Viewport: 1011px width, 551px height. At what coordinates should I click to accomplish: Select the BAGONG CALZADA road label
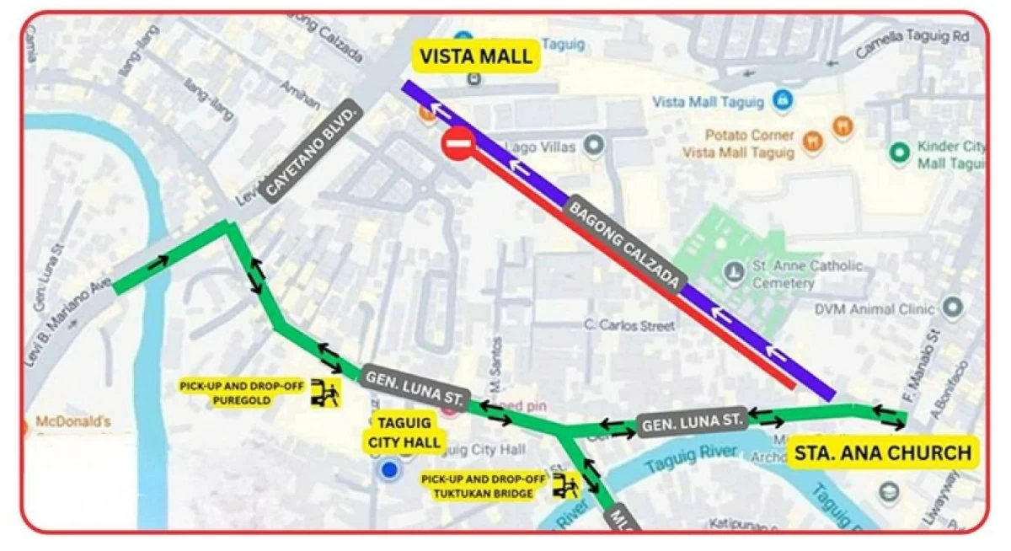pyautogui.click(x=623, y=245)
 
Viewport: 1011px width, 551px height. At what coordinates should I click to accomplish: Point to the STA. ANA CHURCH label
pyautogui.click(x=882, y=453)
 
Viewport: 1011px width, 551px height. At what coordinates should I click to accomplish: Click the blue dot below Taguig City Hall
pyautogui.click(x=388, y=470)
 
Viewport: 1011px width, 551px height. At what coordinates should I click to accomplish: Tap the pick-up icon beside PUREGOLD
pyautogui.click(x=325, y=393)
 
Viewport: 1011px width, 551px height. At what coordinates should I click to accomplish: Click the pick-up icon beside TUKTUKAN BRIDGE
pyautogui.click(x=566, y=486)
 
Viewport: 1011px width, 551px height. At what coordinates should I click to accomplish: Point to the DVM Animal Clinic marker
pyautogui.click(x=952, y=308)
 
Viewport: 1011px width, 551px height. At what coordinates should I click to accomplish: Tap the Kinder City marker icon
pyautogui.click(x=900, y=152)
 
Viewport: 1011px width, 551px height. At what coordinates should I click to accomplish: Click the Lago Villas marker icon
pyautogui.click(x=595, y=146)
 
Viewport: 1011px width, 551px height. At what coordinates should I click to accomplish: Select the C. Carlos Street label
pyautogui.click(x=629, y=324)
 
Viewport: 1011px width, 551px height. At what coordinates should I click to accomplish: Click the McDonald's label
pyautogui.click(x=73, y=421)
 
